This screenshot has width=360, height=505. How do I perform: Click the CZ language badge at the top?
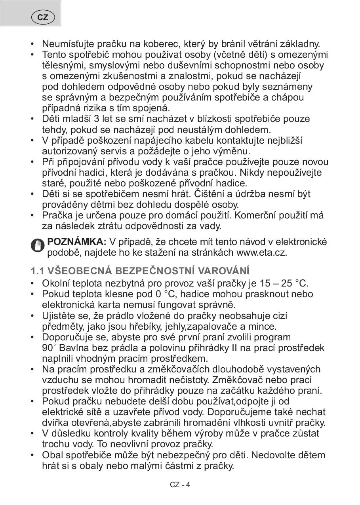42,17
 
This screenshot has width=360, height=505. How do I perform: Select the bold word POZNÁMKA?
77,241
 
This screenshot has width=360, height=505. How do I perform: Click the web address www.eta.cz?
261,252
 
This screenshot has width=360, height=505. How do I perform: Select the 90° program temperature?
47,348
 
